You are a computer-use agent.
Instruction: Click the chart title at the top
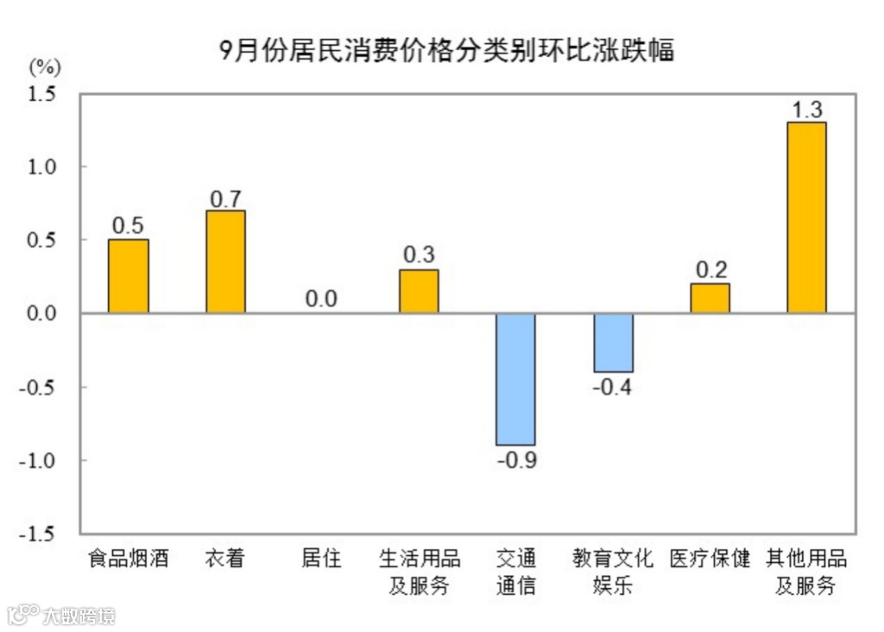point(445,50)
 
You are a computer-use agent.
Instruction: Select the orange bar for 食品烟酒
point(128,276)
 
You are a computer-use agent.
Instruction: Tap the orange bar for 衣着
point(225,262)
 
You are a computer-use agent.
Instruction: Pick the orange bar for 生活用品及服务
point(419,291)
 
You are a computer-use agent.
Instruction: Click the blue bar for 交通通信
point(515,379)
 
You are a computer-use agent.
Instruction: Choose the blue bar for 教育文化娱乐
point(613,343)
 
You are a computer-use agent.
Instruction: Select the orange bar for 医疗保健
point(710,298)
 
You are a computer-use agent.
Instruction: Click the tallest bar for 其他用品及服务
point(806,218)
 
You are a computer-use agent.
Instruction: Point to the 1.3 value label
point(806,110)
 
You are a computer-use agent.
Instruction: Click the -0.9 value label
point(516,459)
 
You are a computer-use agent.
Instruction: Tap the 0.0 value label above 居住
point(321,300)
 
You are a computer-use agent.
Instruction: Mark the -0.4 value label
point(612,387)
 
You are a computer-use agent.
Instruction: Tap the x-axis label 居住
point(321,559)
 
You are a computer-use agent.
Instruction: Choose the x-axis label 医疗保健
point(710,559)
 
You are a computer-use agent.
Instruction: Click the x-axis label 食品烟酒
point(128,559)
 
